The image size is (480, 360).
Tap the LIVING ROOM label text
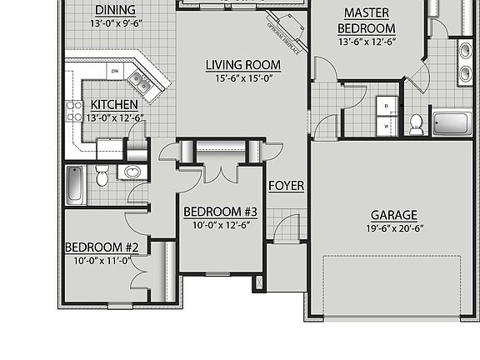click(x=242, y=65)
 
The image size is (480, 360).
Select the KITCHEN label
click(x=115, y=105)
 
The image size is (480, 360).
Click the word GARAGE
click(x=394, y=214)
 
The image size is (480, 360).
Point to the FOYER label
click(x=286, y=186)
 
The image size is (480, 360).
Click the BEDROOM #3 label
click(x=220, y=212)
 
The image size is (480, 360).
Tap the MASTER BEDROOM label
click(x=367, y=21)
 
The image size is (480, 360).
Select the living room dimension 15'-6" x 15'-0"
click(x=242, y=78)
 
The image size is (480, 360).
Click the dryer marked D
click(x=387, y=106)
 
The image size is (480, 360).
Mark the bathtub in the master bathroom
click(x=452, y=123)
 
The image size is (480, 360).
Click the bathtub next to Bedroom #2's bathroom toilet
click(x=75, y=184)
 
